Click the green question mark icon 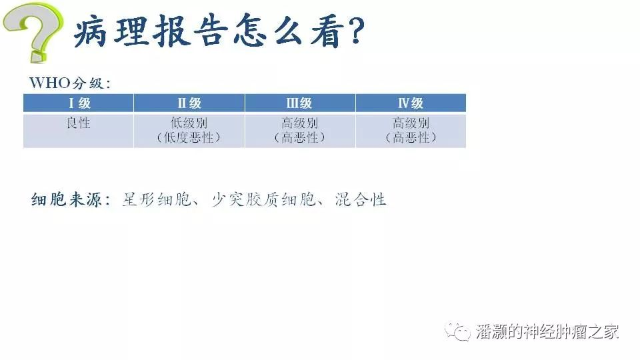33,32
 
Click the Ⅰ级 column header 79,103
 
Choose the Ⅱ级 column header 189,103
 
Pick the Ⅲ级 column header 299,103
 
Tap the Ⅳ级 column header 411,103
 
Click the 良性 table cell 78,123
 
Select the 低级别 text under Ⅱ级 189,123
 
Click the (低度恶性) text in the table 189,137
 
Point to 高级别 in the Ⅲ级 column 299,123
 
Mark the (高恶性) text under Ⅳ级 411,137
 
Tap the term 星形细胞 157,199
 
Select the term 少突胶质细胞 263,199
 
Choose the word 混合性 361,199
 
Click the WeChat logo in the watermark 457,331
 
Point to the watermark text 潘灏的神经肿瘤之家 547,331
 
